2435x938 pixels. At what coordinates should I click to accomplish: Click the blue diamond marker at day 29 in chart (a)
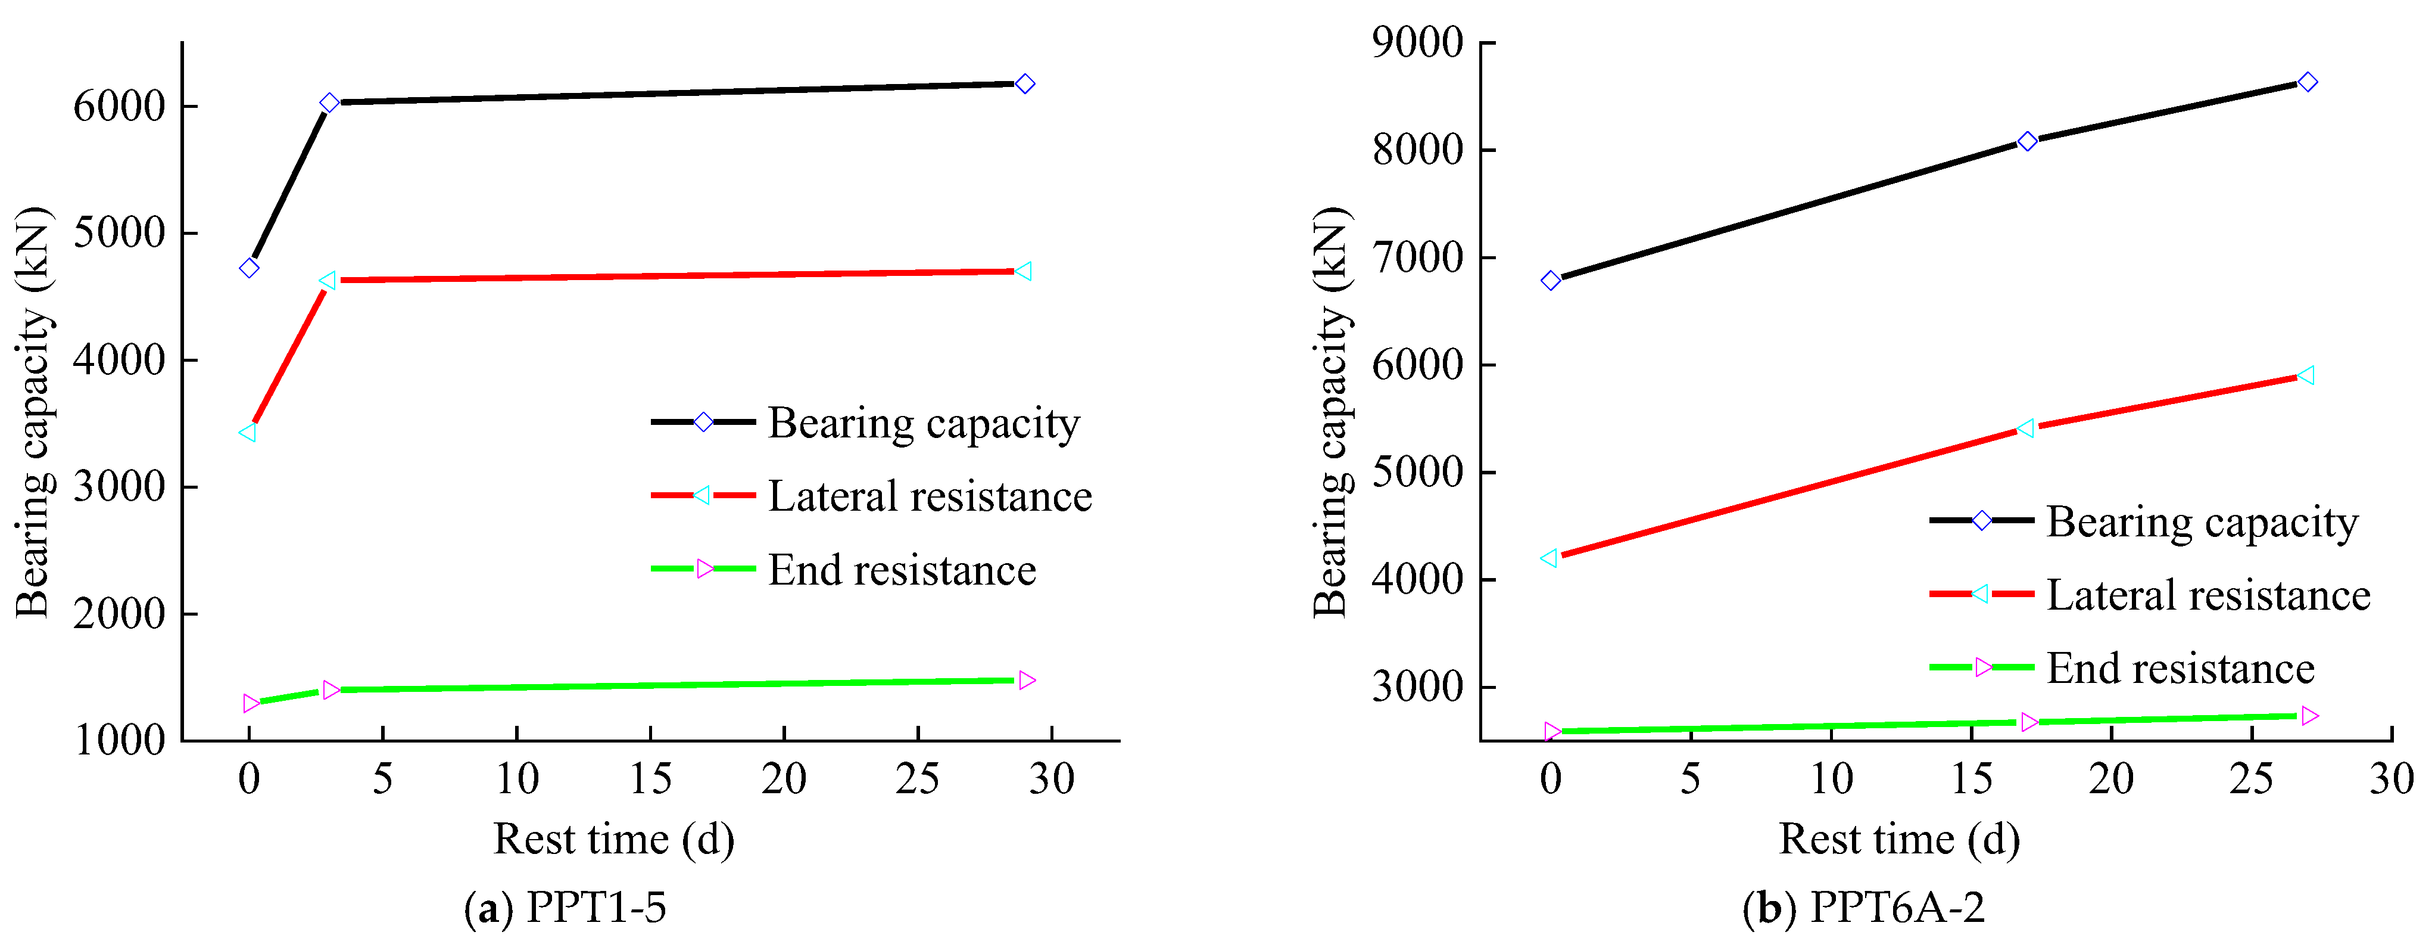click(x=1025, y=84)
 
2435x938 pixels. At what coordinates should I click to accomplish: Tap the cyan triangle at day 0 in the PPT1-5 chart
click(x=248, y=432)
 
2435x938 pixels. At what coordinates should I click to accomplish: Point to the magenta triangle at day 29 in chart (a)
click(x=1027, y=680)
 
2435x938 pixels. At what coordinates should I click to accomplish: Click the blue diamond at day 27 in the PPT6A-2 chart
click(x=2308, y=82)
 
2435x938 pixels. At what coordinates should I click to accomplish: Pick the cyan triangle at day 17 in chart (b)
click(x=2026, y=428)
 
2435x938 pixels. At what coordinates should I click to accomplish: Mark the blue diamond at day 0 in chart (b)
click(x=1550, y=281)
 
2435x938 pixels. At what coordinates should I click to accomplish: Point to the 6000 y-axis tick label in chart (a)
click(x=119, y=106)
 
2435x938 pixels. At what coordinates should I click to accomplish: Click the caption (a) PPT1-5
click(x=565, y=908)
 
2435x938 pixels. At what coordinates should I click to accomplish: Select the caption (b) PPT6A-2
click(x=1863, y=908)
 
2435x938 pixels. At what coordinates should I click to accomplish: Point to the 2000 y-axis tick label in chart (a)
click(x=119, y=614)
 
